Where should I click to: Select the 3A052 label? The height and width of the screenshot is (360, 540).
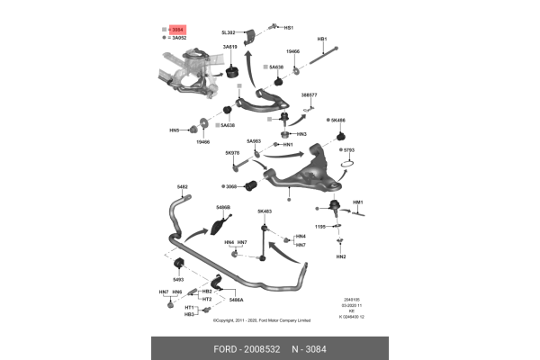178,39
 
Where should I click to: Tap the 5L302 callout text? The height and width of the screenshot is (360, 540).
229,32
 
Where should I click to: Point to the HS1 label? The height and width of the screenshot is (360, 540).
289,28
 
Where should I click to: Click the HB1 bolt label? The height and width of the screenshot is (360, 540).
322,39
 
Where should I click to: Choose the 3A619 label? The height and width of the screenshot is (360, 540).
229,47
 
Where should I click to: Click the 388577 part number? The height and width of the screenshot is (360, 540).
309,94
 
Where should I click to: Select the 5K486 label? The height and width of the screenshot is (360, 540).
338,120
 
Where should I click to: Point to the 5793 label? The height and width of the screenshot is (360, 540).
349,149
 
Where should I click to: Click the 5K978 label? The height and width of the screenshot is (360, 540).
232,153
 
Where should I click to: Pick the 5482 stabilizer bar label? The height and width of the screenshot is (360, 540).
182,186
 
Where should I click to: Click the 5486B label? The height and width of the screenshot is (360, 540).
223,208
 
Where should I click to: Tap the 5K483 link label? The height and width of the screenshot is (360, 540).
265,211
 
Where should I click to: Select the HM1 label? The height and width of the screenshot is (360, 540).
358,202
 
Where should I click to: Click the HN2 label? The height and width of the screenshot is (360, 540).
341,256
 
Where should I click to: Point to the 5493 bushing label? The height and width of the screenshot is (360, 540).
178,279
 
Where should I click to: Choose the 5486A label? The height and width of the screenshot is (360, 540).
236,300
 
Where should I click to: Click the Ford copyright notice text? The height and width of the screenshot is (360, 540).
261,319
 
